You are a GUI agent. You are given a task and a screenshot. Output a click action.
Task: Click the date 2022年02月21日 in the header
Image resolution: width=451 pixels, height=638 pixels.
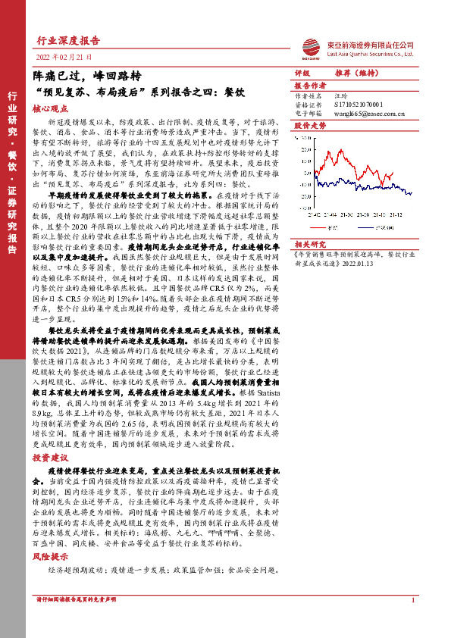point(64,57)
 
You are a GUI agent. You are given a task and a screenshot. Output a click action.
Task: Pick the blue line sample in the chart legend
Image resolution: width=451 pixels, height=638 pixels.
point(366,225)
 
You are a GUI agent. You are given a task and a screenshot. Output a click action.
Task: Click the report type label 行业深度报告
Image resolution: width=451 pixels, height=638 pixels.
point(68,41)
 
